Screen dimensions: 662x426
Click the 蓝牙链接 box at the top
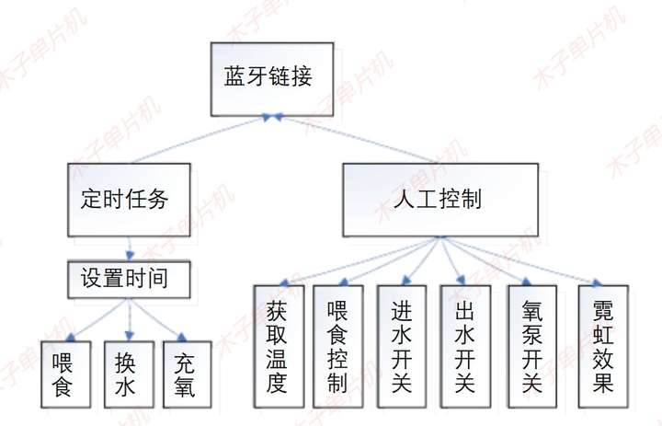pyautogui.click(x=268, y=76)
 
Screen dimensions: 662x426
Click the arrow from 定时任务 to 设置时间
pyautogui.click(x=131, y=248)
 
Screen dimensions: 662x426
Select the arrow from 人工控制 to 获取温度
pyautogui.click(x=359, y=260)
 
